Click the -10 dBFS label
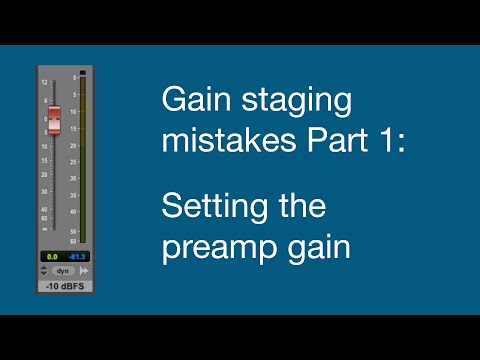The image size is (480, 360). click(x=61, y=288)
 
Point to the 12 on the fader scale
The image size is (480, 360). click(x=44, y=81)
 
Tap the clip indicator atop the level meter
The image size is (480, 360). click(x=82, y=73)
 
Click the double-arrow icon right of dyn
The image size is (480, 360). click(x=84, y=270)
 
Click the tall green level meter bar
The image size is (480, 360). click(x=82, y=160)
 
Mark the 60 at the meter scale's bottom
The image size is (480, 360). click(x=73, y=241)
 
